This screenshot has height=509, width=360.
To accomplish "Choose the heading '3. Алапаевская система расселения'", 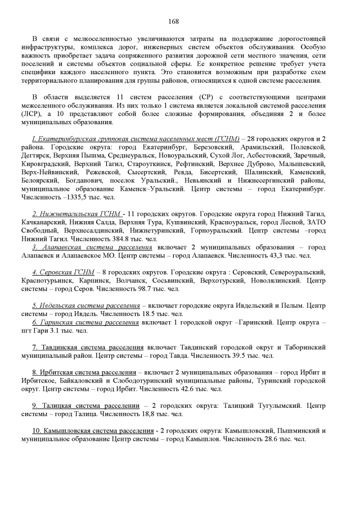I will (x=92, y=247).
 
